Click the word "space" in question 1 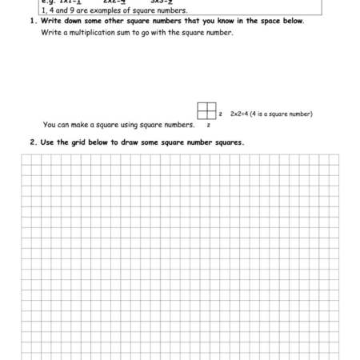272,21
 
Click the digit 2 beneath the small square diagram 208,126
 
